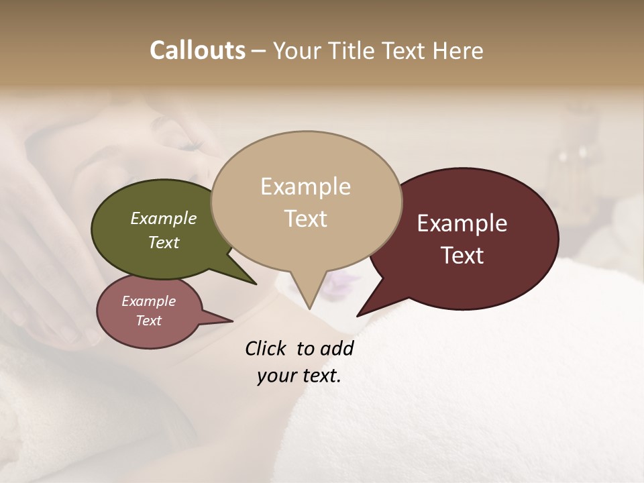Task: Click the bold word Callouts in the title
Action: tap(197, 50)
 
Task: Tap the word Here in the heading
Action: tap(458, 50)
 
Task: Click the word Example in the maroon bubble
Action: tap(462, 223)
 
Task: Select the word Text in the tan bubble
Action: tap(306, 219)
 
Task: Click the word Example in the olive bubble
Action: tap(163, 218)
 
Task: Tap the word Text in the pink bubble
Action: tap(148, 321)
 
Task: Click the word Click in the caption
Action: tap(265, 348)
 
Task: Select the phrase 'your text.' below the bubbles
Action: tap(299, 376)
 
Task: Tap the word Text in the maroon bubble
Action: tap(462, 256)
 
